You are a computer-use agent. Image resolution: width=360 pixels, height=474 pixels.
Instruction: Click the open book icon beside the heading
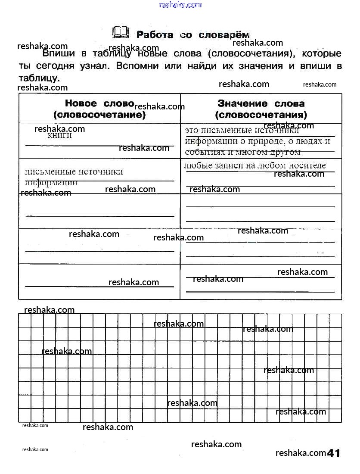click(x=121, y=32)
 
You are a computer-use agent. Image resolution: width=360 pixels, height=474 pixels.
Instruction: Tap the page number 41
click(x=334, y=453)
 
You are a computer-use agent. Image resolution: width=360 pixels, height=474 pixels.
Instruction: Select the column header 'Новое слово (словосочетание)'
click(x=99, y=109)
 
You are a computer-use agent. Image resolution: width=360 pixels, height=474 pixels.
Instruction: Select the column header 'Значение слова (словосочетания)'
click(x=261, y=109)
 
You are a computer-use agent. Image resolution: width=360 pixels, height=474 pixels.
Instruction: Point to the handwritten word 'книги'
click(x=59, y=136)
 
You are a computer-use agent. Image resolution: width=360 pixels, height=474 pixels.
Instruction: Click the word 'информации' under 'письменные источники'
click(x=51, y=182)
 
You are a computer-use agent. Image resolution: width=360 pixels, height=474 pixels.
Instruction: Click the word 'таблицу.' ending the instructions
click(x=39, y=78)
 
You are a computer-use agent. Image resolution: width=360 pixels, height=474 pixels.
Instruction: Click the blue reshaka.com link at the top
click(x=180, y=5)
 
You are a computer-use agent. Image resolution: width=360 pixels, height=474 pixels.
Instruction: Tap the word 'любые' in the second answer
click(x=195, y=165)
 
